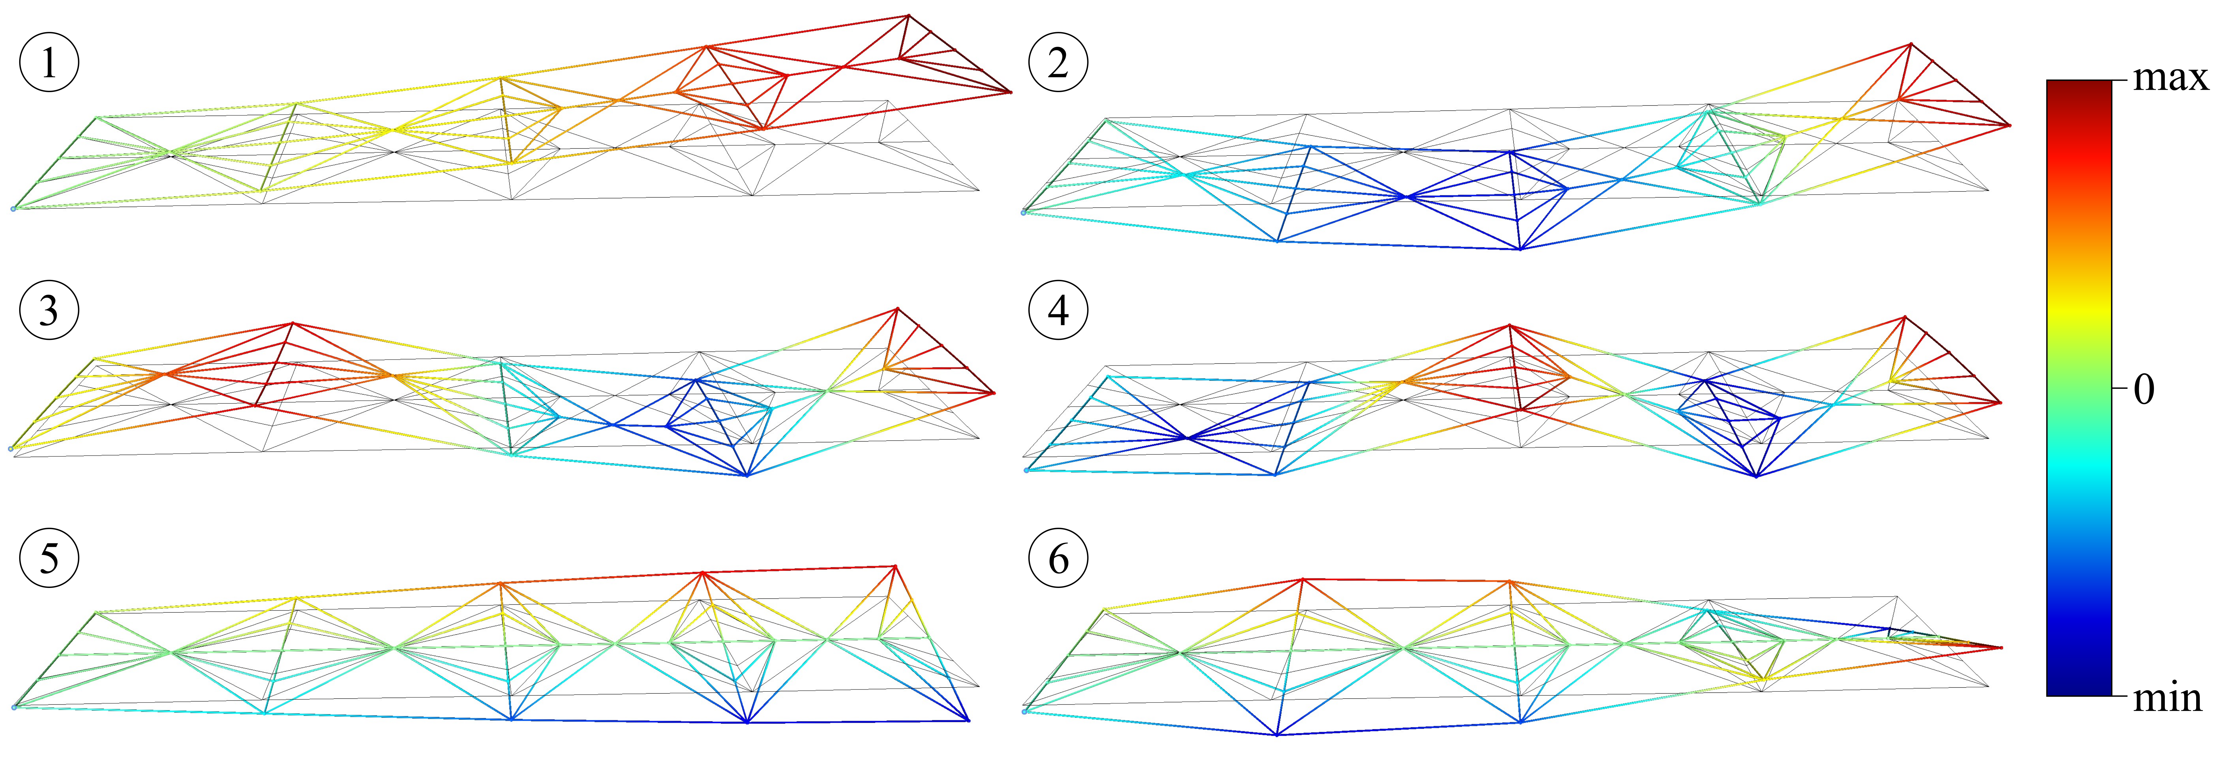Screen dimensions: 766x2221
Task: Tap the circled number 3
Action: point(49,310)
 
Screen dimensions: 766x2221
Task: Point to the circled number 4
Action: point(1058,310)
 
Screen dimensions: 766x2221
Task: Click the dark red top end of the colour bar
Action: point(2079,86)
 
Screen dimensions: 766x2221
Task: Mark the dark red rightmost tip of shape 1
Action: point(1010,91)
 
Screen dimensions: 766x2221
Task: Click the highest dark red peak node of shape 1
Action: point(908,15)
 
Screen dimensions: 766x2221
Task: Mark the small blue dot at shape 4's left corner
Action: point(1026,470)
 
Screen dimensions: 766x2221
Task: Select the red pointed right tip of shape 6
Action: point(2000,647)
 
